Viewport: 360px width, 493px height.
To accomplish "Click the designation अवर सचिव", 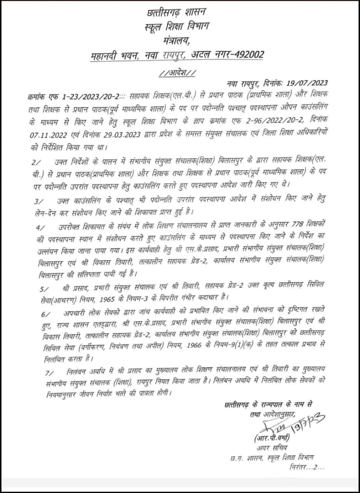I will pyautogui.click(x=270, y=448).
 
